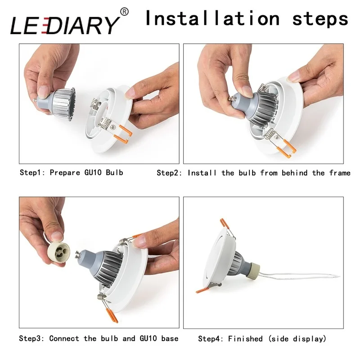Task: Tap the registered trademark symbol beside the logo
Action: click(x=125, y=11)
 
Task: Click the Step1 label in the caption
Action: click(x=32, y=172)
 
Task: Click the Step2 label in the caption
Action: click(x=169, y=172)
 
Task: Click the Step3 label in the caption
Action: click(x=32, y=338)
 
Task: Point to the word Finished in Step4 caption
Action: click(x=243, y=338)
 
